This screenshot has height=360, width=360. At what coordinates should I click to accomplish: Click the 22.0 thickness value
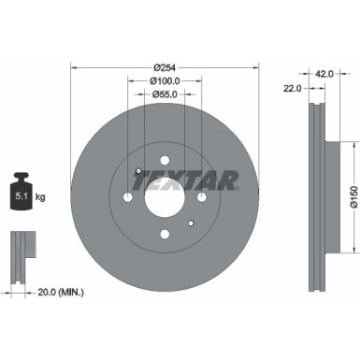[292, 88]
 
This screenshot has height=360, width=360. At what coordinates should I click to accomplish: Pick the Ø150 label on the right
[352, 195]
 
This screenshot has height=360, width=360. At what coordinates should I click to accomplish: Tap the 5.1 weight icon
[21, 194]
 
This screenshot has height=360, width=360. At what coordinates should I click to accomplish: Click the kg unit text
[41, 196]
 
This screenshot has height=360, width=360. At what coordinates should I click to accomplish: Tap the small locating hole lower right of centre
[191, 223]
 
